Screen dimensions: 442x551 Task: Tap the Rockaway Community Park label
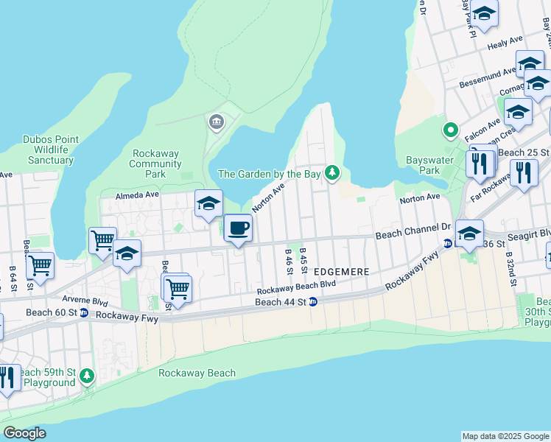coord(155,164)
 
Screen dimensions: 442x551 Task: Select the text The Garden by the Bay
coord(269,174)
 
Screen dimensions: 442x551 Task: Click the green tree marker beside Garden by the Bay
coord(333,172)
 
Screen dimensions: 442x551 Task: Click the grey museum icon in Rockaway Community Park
coord(216,122)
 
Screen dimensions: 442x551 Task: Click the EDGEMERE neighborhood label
coord(341,271)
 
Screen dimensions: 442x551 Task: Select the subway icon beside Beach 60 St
coord(84,313)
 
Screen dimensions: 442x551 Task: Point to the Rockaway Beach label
coord(197,373)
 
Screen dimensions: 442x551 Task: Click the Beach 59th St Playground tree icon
coord(88,376)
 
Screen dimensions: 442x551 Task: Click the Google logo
coord(24,433)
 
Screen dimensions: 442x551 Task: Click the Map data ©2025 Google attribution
coord(505,436)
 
